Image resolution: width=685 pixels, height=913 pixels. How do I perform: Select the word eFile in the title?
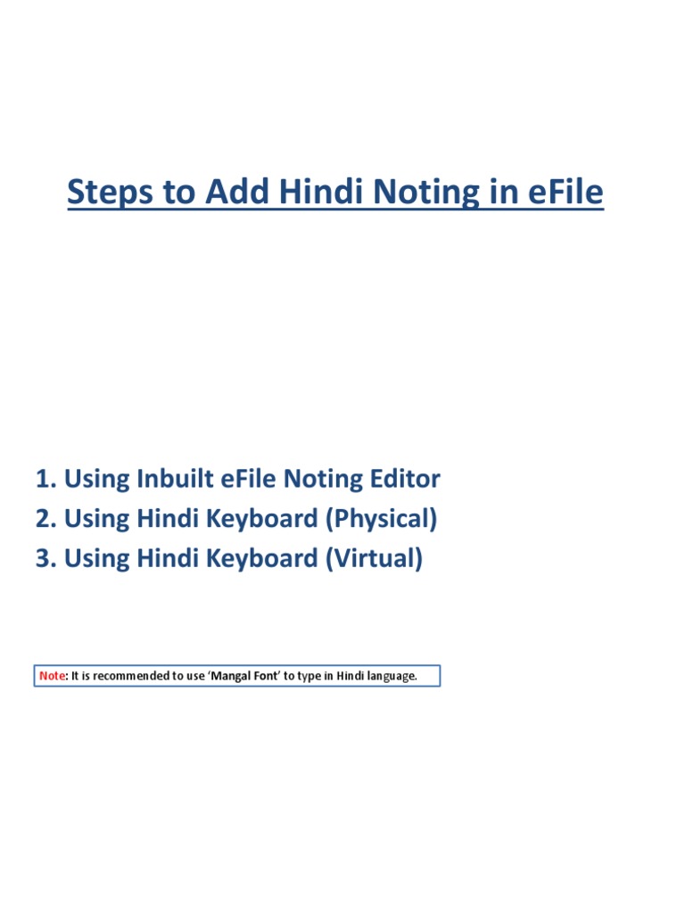562,193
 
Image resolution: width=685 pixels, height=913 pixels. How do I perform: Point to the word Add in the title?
235,193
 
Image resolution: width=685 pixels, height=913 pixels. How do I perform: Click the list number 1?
45,480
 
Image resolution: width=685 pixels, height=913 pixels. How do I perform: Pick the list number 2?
45,519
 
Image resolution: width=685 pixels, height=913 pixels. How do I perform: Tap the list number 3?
45,559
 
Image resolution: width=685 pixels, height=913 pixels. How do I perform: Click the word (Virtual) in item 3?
373,559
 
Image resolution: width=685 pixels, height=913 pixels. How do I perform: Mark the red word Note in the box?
52,676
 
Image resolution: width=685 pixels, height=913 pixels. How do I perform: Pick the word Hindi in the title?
321,193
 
